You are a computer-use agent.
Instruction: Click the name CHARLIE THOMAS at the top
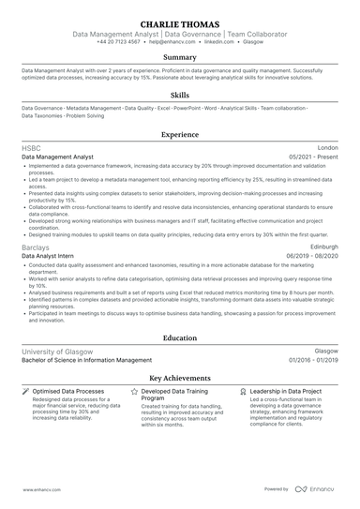pyautogui.click(x=179, y=23)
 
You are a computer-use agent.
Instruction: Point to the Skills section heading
pyautogui.click(x=179, y=96)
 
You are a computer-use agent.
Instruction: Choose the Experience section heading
pyautogui.click(x=179, y=135)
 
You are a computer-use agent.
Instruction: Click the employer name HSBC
pyautogui.click(x=31, y=148)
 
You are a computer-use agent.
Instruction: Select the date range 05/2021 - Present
pyautogui.click(x=314, y=157)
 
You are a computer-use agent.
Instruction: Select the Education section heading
pyautogui.click(x=179, y=337)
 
